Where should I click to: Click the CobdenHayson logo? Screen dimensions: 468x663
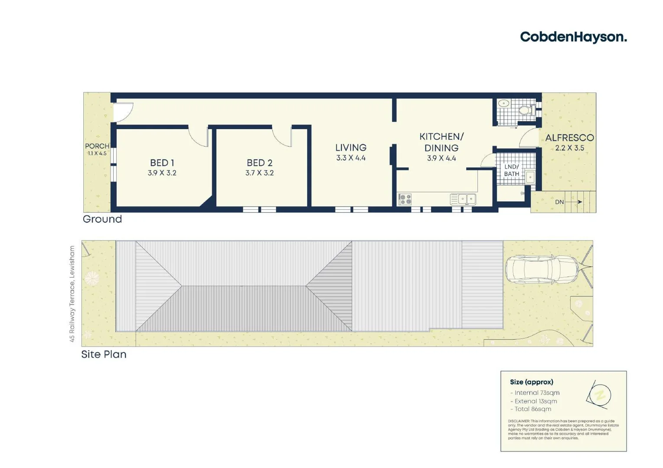point(573,37)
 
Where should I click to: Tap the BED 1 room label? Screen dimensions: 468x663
point(162,163)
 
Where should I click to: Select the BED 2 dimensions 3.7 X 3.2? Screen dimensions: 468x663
point(259,173)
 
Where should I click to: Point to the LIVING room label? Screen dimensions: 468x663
point(351,148)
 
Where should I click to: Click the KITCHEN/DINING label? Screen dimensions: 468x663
point(441,142)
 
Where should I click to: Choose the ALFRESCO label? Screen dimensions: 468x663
point(569,138)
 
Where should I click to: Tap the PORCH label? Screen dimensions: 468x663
point(97,146)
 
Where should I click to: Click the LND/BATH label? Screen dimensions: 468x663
point(511,170)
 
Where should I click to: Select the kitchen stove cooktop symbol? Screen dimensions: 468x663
point(405,199)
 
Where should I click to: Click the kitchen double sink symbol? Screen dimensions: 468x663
point(463,199)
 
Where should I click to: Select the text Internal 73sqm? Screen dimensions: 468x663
point(537,393)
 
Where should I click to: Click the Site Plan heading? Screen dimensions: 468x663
point(104,354)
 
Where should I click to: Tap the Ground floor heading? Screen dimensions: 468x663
point(102,219)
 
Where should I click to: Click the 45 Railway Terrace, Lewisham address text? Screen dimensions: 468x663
point(72,294)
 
